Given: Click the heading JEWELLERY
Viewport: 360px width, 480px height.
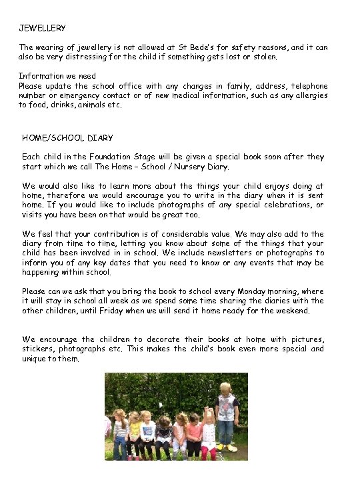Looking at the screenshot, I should click(42, 28).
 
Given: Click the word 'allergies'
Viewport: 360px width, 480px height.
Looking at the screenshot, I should click(309, 95).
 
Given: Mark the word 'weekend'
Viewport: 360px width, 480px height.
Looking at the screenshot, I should click(291, 311).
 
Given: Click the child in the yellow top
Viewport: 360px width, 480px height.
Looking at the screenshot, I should click(135, 430).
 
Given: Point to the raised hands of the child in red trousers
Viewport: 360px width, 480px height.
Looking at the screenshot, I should click(207, 408).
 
